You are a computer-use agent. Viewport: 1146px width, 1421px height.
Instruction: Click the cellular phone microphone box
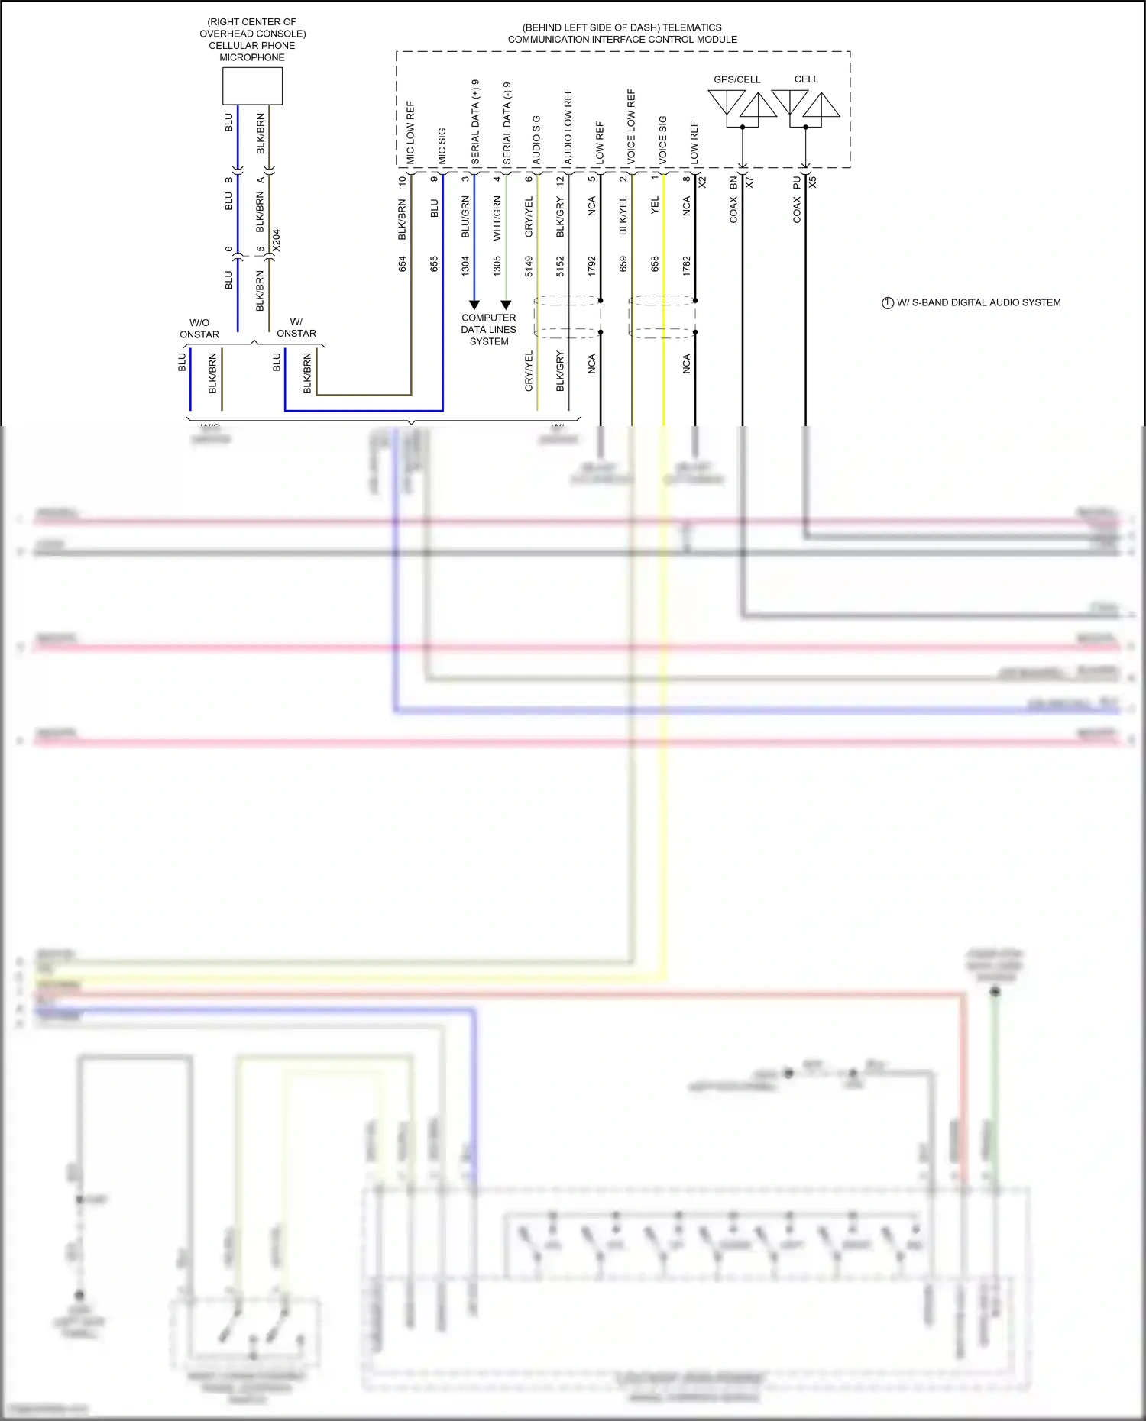[x=252, y=86]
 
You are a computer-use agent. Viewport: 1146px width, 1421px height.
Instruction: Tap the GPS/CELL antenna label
[x=736, y=79]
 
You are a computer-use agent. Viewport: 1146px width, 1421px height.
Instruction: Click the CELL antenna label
[x=806, y=79]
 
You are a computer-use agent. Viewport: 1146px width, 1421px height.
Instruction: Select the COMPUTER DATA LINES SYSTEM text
[x=489, y=329]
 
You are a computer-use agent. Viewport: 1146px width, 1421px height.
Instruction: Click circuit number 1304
[x=465, y=266]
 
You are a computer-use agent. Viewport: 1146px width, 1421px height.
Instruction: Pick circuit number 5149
[x=529, y=266]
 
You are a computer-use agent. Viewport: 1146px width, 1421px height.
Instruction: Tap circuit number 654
[x=403, y=264]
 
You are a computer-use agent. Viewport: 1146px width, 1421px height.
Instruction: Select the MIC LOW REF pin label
[x=410, y=132]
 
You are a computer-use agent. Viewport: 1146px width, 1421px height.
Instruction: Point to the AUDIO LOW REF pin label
[x=568, y=126]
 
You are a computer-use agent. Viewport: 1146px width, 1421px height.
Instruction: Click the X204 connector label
[x=277, y=241]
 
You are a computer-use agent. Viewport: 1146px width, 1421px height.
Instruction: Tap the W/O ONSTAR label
[x=199, y=328]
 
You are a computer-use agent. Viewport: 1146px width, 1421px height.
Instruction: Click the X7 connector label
[x=749, y=182]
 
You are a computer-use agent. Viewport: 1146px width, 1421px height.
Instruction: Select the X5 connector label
[x=813, y=182]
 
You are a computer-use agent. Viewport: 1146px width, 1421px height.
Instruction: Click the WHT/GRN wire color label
[x=497, y=218]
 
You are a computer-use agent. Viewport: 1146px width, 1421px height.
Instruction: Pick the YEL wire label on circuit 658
[x=655, y=205]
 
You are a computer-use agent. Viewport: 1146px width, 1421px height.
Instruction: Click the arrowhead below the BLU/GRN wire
[x=474, y=305]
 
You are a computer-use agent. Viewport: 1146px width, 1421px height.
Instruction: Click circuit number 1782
[x=687, y=266]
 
